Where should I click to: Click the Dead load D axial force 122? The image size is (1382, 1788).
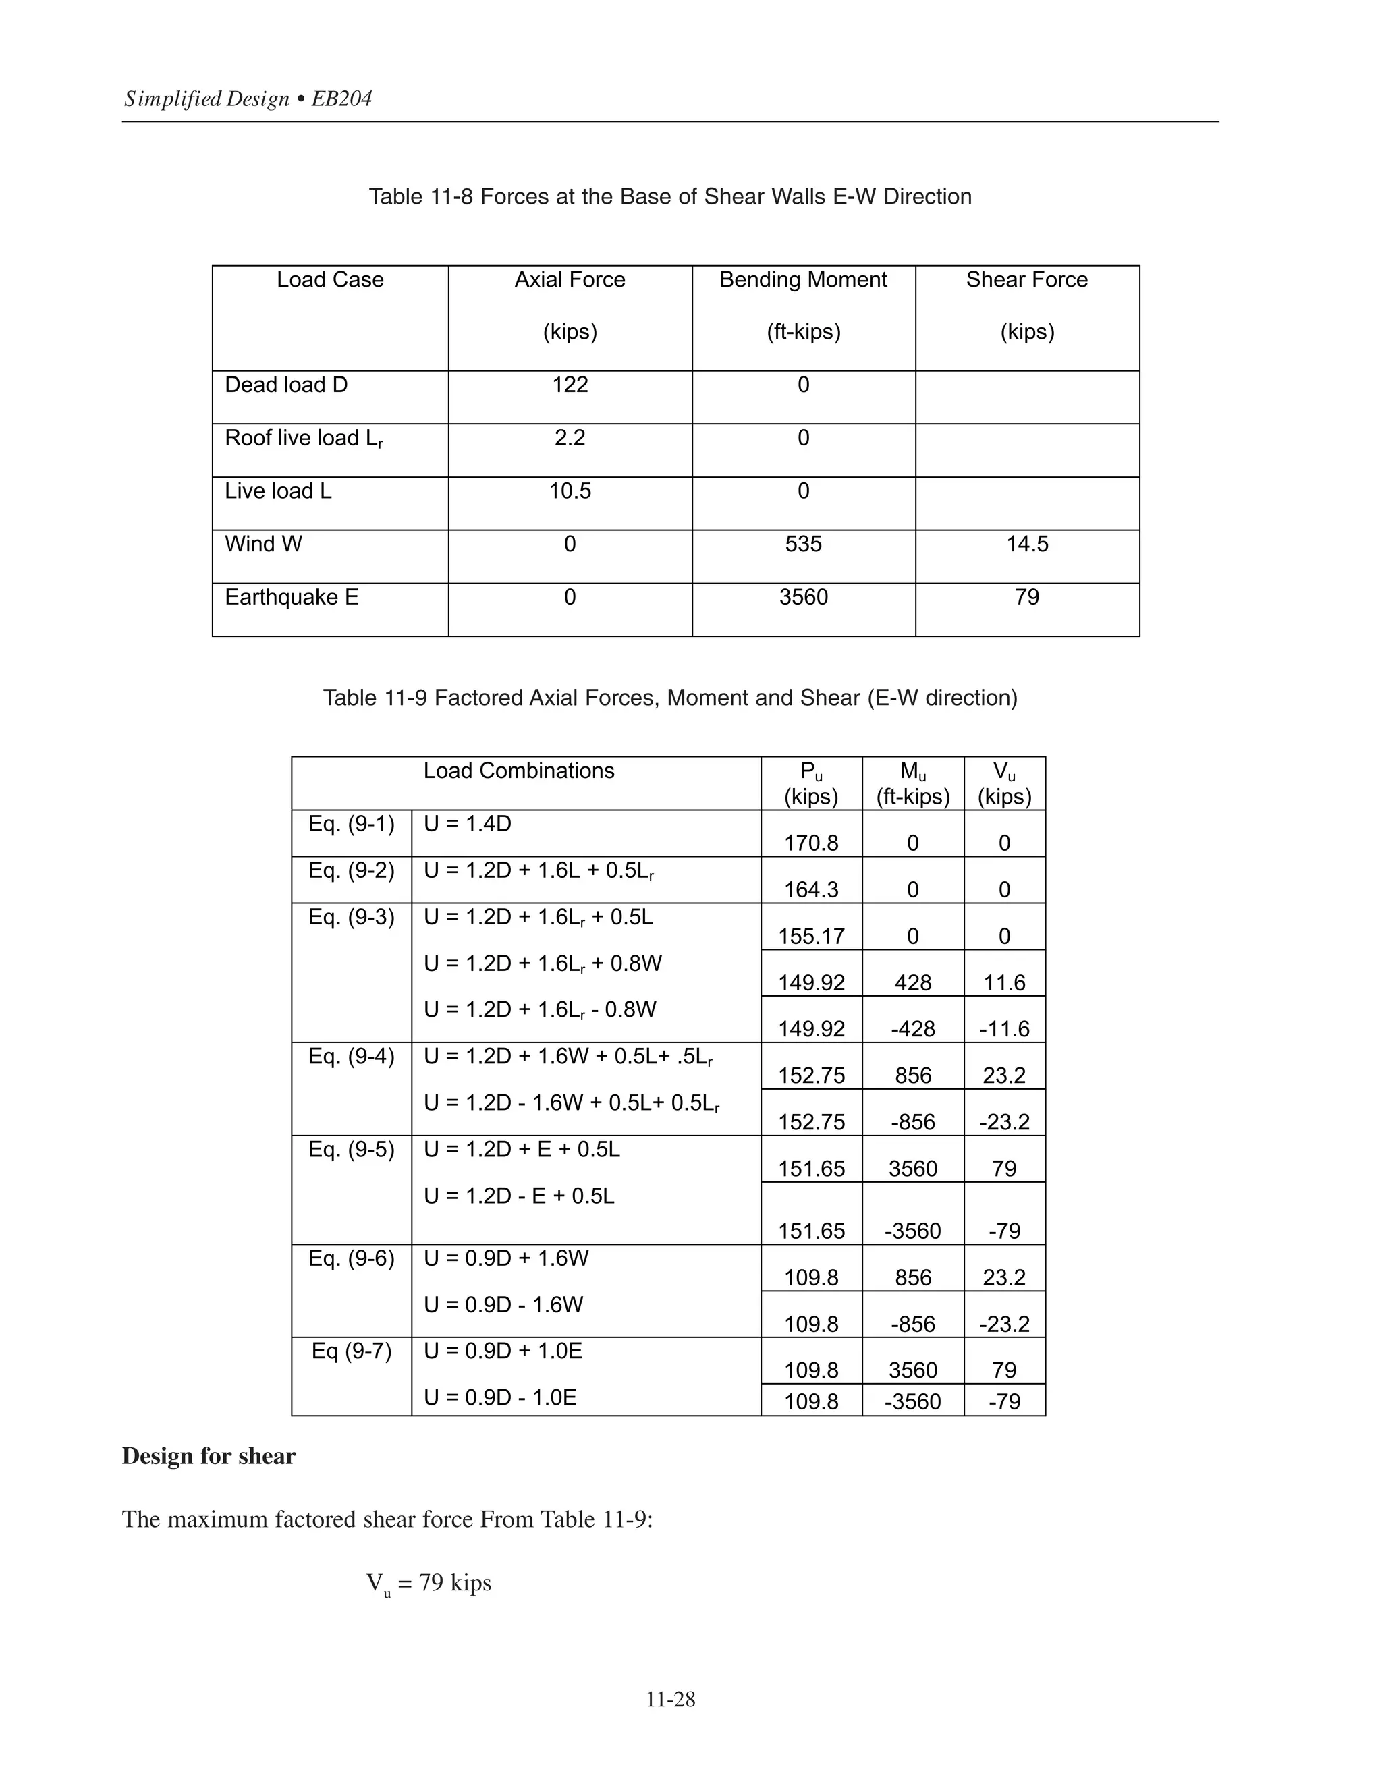570,385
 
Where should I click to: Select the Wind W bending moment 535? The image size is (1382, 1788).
803,544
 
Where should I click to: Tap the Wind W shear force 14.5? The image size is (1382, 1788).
1026,544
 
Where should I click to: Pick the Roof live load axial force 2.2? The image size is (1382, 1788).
570,438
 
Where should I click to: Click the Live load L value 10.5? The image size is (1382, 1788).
570,491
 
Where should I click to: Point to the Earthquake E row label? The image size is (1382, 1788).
292,598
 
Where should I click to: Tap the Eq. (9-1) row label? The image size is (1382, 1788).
351,824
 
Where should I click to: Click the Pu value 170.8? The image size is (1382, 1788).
811,843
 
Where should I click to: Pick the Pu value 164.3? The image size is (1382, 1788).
811,890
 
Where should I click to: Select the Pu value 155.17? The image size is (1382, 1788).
811,937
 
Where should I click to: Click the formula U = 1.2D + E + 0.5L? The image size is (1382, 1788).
522,1150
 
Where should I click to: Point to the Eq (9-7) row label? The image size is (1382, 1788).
351,1351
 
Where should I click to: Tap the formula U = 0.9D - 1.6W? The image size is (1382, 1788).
503,1304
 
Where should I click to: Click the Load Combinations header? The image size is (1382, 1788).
518,771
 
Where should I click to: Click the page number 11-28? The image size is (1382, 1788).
671,1700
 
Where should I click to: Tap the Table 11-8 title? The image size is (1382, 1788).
669,196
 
